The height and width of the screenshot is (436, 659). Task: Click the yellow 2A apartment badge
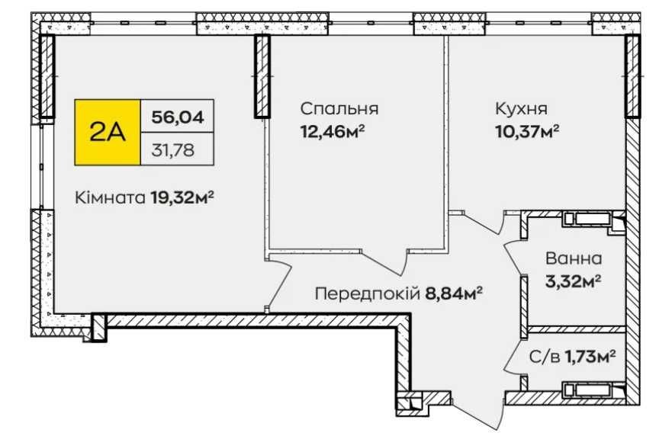(x=108, y=133)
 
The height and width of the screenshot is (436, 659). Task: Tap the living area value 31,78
(x=172, y=149)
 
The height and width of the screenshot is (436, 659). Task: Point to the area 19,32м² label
(x=181, y=198)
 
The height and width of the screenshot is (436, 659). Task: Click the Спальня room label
(x=339, y=108)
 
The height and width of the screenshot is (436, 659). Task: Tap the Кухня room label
(x=520, y=108)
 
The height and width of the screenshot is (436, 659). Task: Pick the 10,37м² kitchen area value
(x=527, y=130)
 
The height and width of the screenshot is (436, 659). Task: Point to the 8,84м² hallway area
(x=455, y=293)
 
